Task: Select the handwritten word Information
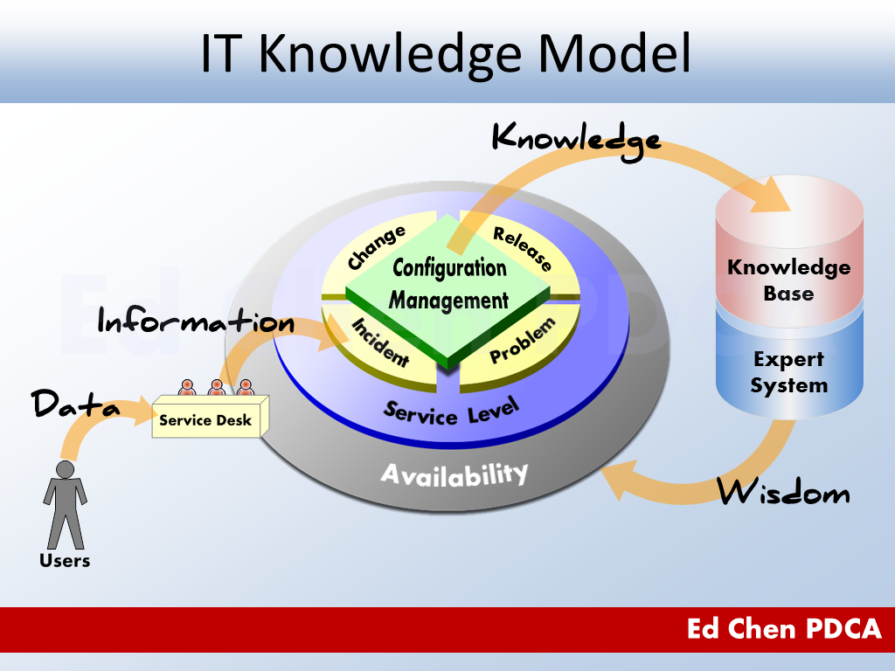(196, 322)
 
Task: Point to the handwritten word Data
(75, 405)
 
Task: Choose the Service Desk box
(205, 420)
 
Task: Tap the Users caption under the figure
(65, 560)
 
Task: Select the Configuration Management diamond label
(448, 284)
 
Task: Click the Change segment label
(377, 247)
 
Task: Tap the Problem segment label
(523, 342)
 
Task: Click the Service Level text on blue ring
(451, 411)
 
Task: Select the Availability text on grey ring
(454, 474)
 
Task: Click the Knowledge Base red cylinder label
(788, 280)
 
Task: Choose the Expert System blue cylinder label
(788, 372)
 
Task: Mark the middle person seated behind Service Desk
(216, 387)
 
